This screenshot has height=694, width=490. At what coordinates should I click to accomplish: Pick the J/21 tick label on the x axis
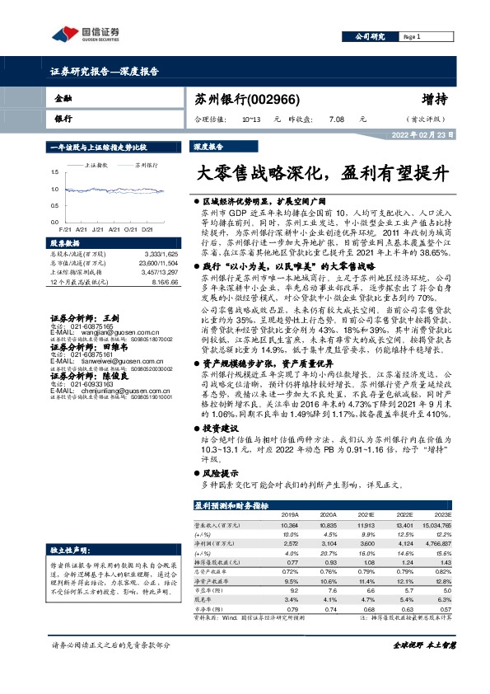point(97,229)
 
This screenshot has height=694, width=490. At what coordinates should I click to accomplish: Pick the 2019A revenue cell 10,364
point(289,525)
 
